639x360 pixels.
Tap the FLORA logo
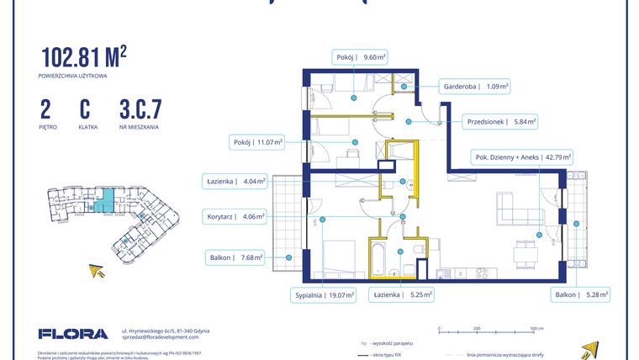click(72, 334)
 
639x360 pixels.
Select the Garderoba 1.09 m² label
click(475, 86)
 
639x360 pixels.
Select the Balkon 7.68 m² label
click(235, 257)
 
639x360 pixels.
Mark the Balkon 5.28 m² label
click(580, 295)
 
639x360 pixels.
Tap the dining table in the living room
click(525, 252)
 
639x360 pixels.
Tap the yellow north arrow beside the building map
click(98, 271)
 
